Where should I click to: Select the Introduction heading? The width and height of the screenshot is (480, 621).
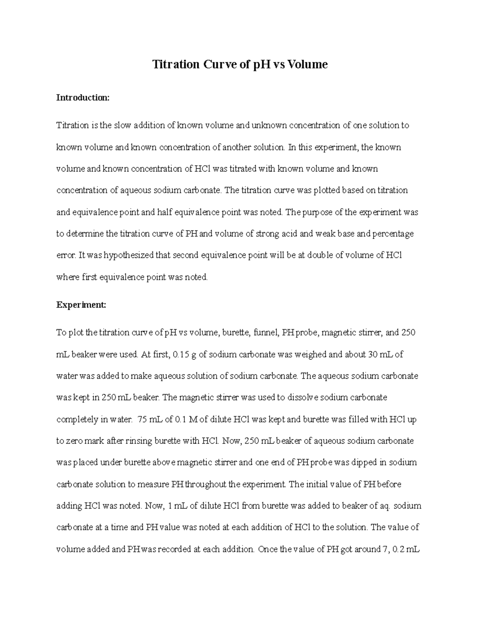pos(82,98)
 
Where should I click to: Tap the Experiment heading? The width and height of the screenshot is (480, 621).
pos(81,305)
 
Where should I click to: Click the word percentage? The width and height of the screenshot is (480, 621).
pos(393,234)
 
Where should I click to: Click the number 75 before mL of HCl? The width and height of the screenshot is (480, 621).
pos(142,419)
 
